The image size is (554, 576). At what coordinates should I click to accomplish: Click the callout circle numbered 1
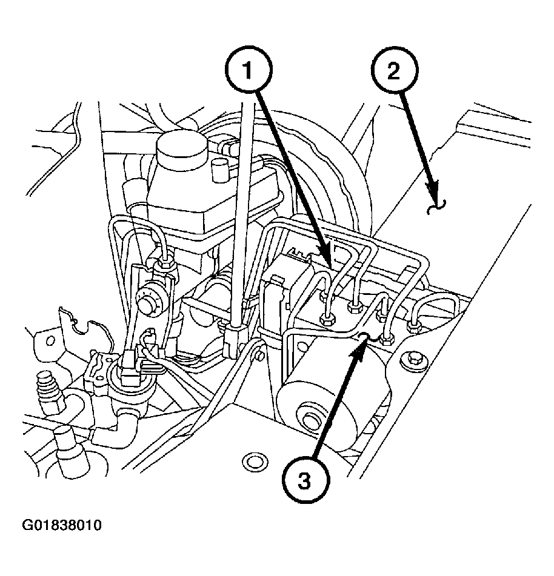pyautogui.click(x=247, y=71)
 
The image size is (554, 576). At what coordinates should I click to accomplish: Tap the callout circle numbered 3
pyautogui.click(x=305, y=482)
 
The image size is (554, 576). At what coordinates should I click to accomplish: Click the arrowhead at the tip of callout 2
pyautogui.click(x=435, y=203)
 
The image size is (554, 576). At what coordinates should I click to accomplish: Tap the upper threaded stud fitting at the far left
pyautogui.click(x=45, y=386)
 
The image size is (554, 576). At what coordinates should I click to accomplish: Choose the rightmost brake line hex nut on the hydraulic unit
pyautogui.click(x=415, y=328)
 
